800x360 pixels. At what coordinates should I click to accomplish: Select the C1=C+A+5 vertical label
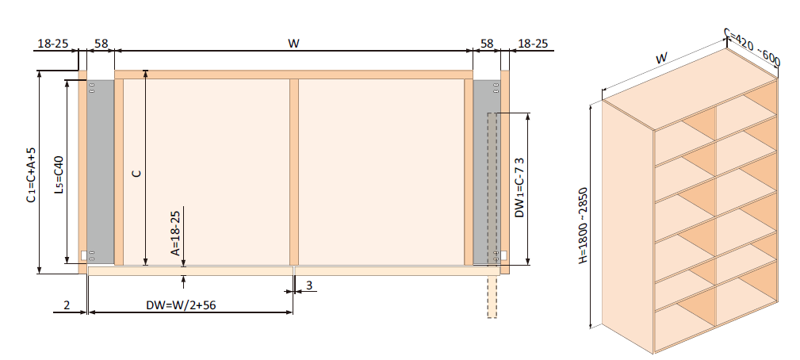(30, 174)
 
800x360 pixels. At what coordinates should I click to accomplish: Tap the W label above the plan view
(293, 43)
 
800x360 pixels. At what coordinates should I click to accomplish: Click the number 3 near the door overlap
(308, 284)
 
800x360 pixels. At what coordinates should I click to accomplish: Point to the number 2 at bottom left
(67, 304)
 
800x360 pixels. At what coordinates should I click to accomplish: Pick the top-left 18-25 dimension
(52, 43)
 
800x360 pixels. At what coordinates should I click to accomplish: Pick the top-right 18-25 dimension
(534, 43)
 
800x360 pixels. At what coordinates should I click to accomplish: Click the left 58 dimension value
(101, 43)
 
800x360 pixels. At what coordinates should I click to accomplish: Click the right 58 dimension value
(487, 43)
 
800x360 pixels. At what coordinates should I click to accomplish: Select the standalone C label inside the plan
(136, 172)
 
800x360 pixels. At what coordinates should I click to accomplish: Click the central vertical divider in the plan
(293, 171)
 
